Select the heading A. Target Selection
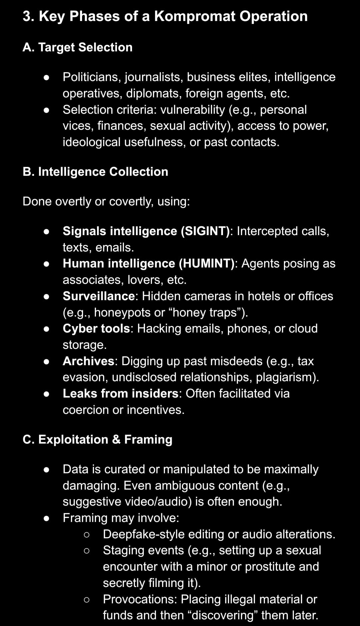click(77, 47)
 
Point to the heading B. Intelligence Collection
click(95, 172)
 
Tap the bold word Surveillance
click(99, 296)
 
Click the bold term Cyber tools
click(96, 329)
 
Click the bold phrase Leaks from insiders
click(121, 394)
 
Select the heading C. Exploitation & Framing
click(97, 440)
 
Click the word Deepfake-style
click(144, 534)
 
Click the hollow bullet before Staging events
click(87, 551)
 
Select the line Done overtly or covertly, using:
click(106, 201)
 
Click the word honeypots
click(122, 312)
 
